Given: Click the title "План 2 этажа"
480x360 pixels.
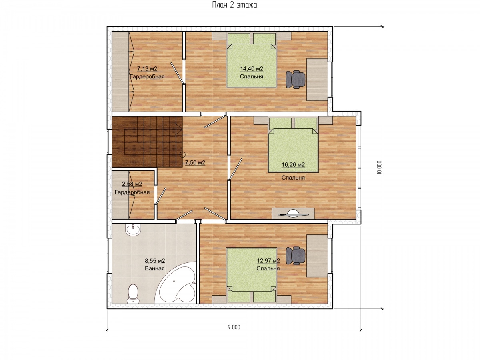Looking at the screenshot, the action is point(234,5).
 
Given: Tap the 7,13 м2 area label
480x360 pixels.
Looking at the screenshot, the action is point(147,69).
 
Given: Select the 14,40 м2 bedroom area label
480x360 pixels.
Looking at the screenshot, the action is point(252,69).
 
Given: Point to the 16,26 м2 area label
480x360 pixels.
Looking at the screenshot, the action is point(293,165).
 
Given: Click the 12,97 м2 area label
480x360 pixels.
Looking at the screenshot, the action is point(268,261).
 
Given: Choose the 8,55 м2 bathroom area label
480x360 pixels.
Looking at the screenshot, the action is point(155,261).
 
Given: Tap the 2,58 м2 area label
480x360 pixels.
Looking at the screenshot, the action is point(132,184).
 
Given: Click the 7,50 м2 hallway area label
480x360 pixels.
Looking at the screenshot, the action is point(195,163).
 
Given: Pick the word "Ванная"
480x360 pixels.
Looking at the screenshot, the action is point(155,268).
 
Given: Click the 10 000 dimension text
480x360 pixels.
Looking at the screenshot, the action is point(379,168).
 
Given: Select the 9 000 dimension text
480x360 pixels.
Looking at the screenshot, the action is point(234,327).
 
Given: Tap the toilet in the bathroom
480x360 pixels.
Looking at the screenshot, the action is point(133,294).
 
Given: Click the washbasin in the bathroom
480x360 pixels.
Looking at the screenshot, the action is point(133,230).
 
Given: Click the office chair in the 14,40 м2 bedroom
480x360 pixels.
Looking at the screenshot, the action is point(296,79).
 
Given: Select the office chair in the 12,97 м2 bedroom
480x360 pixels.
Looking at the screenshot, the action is point(296,256).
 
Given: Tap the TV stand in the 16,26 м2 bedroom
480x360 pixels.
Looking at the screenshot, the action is point(293,214).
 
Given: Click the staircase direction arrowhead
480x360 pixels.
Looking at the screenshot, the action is point(180,129).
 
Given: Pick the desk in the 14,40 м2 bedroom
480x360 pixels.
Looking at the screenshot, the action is point(317,80).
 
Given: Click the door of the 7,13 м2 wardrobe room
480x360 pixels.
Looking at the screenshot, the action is point(177,73).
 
